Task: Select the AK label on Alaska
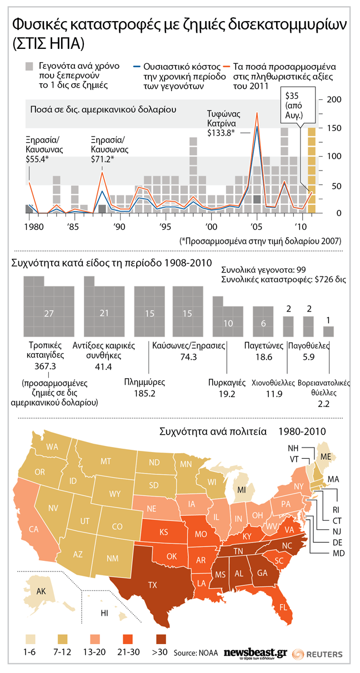pyautogui.click(x=41, y=591)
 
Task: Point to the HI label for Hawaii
pyautogui.click(x=104, y=612)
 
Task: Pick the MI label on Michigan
pyautogui.click(x=242, y=490)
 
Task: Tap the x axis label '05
pyautogui.click(x=256, y=228)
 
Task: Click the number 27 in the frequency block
pyautogui.click(x=48, y=314)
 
